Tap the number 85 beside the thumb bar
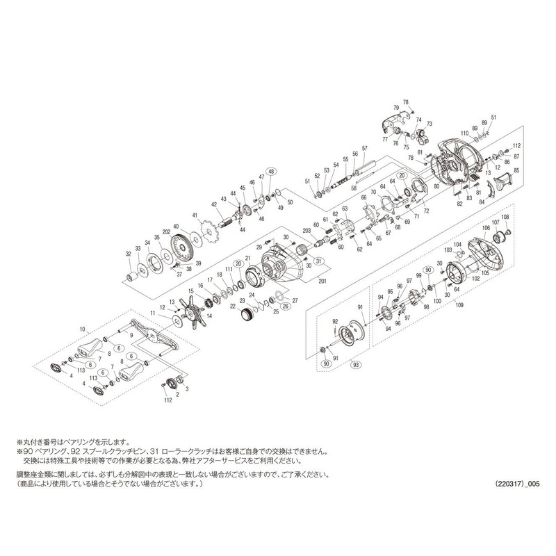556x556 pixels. pos(516,170)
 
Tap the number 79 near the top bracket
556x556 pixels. pos(397,108)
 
